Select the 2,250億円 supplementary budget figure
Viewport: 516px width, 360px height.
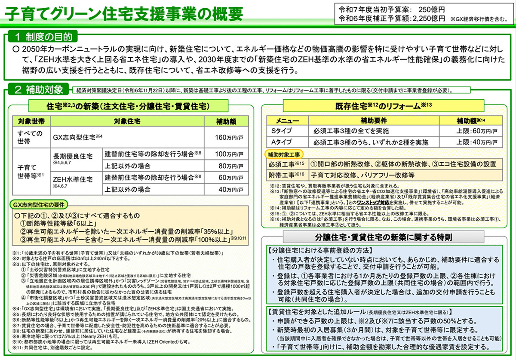click(428, 18)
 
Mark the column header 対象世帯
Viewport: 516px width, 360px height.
click(31, 121)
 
